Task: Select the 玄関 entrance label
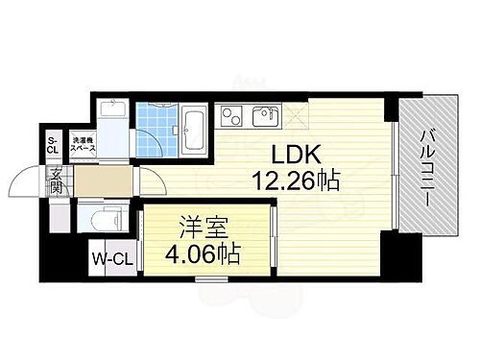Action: click(x=57, y=180)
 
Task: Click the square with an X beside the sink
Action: click(x=296, y=116)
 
